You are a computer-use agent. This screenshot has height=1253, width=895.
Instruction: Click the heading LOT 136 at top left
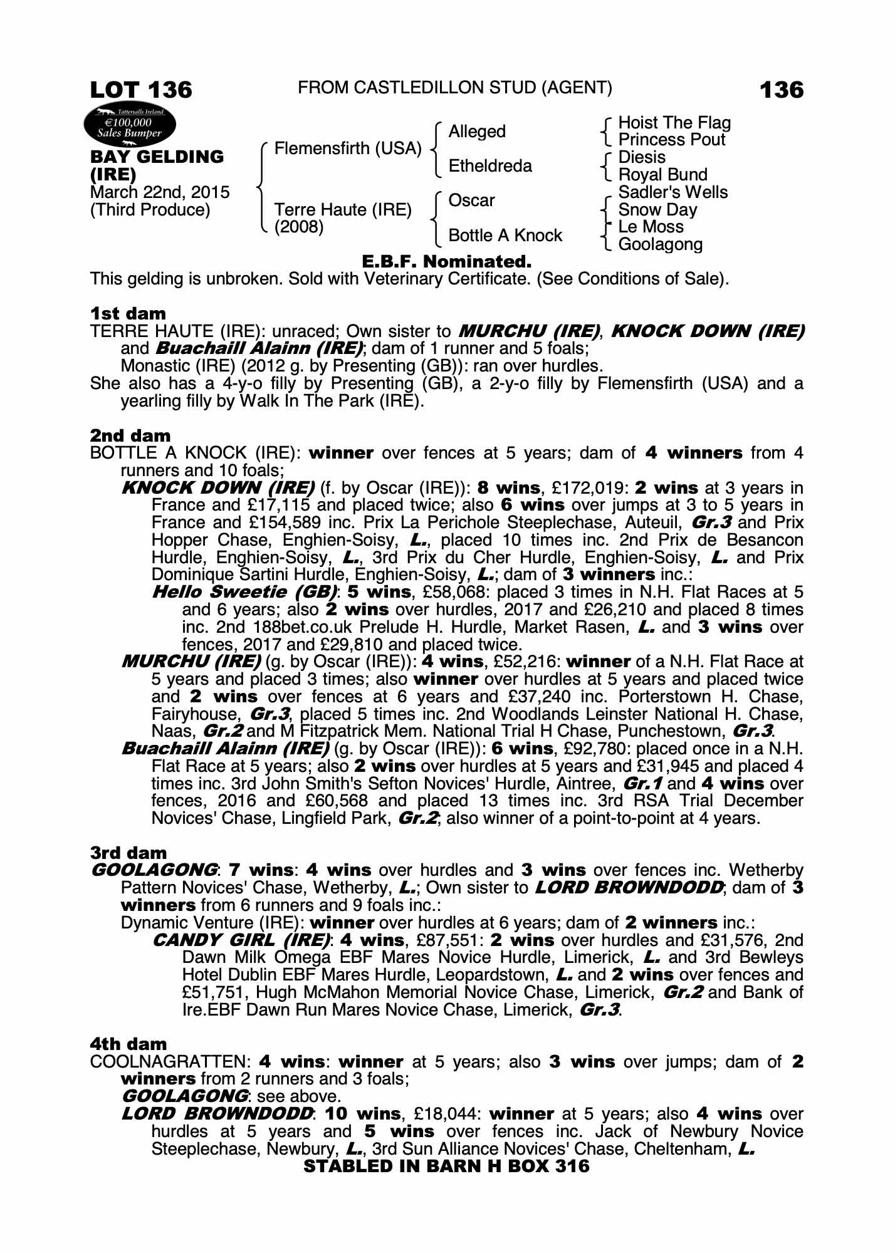pyautogui.click(x=141, y=90)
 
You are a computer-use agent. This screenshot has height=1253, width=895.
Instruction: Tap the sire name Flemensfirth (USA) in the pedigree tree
pyautogui.click(x=348, y=148)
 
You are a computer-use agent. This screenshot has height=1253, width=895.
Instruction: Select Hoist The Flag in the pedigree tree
pyautogui.click(x=674, y=123)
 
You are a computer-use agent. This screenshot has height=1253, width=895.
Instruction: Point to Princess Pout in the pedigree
pyautogui.click(x=671, y=140)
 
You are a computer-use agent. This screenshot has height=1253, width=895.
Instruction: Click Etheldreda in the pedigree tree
pyautogui.click(x=490, y=166)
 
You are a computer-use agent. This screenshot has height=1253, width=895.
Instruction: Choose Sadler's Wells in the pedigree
pyautogui.click(x=673, y=192)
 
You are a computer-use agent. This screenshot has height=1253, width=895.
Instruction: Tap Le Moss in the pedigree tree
pyautogui.click(x=651, y=227)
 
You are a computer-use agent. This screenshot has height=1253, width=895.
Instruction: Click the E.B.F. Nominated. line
pyautogui.click(x=447, y=261)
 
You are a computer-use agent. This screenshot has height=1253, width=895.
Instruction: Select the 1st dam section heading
pyautogui.click(x=128, y=313)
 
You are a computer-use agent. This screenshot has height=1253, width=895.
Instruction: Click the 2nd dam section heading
pyautogui.click(x=130, y=435)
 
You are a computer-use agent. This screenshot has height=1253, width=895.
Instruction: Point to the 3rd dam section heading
pyautogui.click(x=128, y=853)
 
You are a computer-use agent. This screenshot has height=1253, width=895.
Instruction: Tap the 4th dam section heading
pyautogui.click(x=128, y=1044)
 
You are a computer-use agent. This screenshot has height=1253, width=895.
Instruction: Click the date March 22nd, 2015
pyautogui.click(x=160, y=192)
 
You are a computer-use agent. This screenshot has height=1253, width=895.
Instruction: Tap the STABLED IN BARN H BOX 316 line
pyautogui.click(x=446, y=1166)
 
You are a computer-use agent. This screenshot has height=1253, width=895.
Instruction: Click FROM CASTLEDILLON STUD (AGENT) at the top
pyautogui.click(x=455, y=88)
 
